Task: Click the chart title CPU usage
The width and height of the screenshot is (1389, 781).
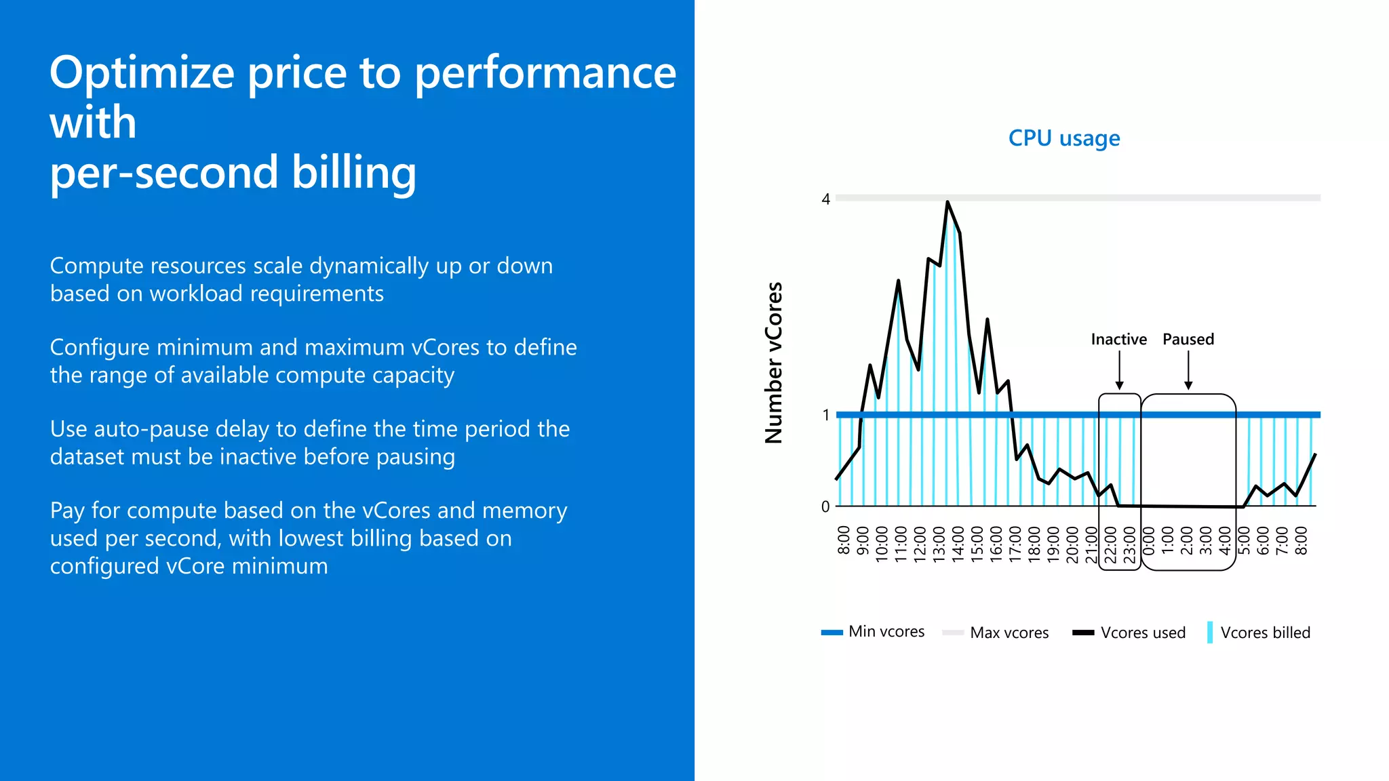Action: (x=1063, y=138)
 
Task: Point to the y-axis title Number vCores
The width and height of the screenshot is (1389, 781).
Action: (x=774, y=363)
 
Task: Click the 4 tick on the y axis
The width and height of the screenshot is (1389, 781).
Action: (x=825, y=199)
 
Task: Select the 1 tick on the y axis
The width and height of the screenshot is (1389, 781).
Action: (x=825, y=415)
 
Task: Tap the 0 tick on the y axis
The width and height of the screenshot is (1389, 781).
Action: (x=825, y=506)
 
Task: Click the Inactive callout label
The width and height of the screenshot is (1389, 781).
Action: (x=1118, y=339)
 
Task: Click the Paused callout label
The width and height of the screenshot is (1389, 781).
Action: (x=1188, y=339)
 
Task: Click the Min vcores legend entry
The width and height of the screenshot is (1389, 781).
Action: (x=873, y=632)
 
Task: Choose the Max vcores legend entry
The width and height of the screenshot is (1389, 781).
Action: (x=996, y=633)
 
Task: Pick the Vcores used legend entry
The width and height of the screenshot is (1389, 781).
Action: (x=1129, y=633)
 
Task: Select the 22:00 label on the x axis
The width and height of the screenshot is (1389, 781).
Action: (x=1111, y=544)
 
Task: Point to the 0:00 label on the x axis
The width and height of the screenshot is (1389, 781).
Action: (x=1149, y=540)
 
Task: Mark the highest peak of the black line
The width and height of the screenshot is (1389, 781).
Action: (x=947, y=202)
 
